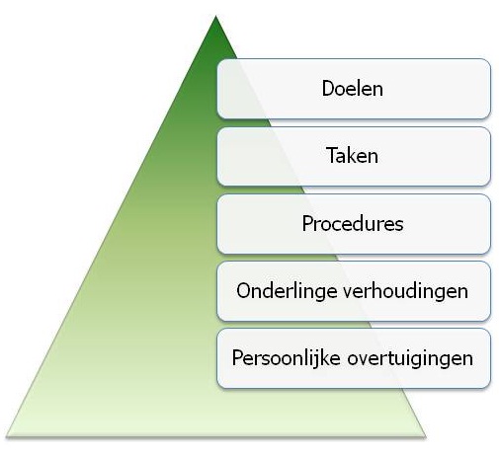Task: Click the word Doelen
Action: pyautogui.click(x=352, y=89)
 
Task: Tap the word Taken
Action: pyautogui.click(x=352, y=155)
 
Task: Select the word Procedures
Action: pyautogui.click(x=353, y=224)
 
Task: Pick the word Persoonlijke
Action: pyautogui.click(x=286, y=358)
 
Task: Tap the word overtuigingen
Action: pyautogui.click(x=410, y=359)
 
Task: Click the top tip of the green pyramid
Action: pyautogui.click(x=215, y=16)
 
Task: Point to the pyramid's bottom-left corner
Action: pyautogui.click(x=6, y=436)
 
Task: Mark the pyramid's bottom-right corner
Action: pyautogui.click(x=426, y=436)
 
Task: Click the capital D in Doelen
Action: pyautogui.click(x=328, y=89)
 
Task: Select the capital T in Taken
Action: pyautogui.click(x=332, y=155)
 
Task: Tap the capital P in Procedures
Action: pyautogui.click(x=307, y=224)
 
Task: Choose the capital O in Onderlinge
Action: pyautogui.click(x=244, y=291)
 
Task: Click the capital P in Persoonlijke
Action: pyautogui.click(x=237, y=357)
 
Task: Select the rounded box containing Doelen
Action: pyautogui.click(x=354, y=89)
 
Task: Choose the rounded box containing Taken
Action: pyautogui.click(x=354, y=157)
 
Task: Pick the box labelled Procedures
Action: pyautogui.click(x=354, y=224)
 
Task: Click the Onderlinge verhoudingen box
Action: pyautogui.click(x=354, y=291)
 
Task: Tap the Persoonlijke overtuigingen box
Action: pyautogui.click(x=354, y=358)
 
